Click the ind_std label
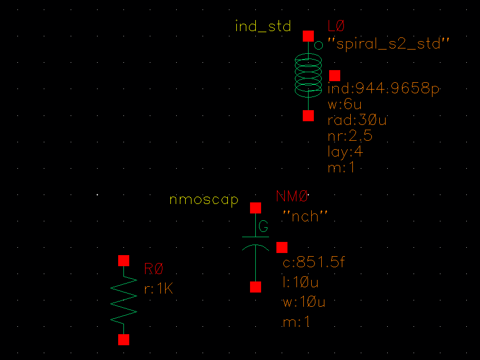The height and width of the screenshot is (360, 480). pyautogui.click(x=263, y=26)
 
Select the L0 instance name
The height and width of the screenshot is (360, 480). pyautogui.click(x=336, y=25)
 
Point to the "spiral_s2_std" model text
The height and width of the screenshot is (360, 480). pyautogui.click(x=388, y=44)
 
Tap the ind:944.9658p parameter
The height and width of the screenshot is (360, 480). pyautogui.click(x=383, y=89)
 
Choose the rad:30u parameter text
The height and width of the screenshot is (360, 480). pyautogui.click(x=357, y=120)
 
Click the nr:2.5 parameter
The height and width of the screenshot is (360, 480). pyautogui.click(x=350, y=136)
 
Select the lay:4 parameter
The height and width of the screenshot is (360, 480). pyautogui.click(x=345, y=152)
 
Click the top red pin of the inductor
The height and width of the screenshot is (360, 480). pyautogui.click(x=308, y=36)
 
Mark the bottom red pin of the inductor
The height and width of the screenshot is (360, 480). pyautogui.click(x=308, y=115)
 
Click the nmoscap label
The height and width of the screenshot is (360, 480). pyautogui.click(x=204, y=200)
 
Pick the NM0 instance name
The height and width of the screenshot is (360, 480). pyautogui.click(x=292, y=197)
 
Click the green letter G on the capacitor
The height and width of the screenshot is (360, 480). pyautogui.click(x=263, y=227)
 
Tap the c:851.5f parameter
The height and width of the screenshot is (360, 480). pyautogui.click(x=313, y=262)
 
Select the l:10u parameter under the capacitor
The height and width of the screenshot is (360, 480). pyautogui.click(x=301, y=283)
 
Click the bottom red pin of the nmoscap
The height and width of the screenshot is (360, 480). pyautogui.click(x=255, y=287)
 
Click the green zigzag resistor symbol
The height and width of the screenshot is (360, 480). pyautogui.click(x=123, y=300)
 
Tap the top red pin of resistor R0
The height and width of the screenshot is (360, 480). pyautogui.click(x=123, y=260)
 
